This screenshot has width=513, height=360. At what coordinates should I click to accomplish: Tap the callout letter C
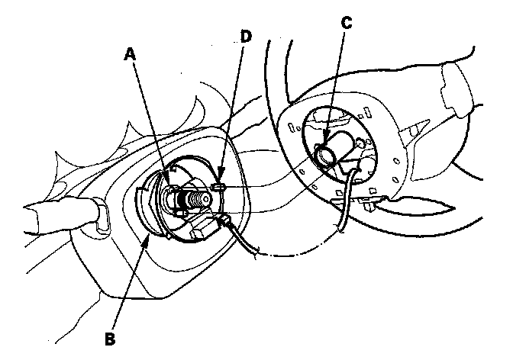(x=347, y=24)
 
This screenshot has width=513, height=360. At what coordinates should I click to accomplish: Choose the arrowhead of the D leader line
(x=220, y=183)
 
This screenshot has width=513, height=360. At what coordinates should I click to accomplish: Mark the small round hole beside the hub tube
(x=360, y=141)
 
